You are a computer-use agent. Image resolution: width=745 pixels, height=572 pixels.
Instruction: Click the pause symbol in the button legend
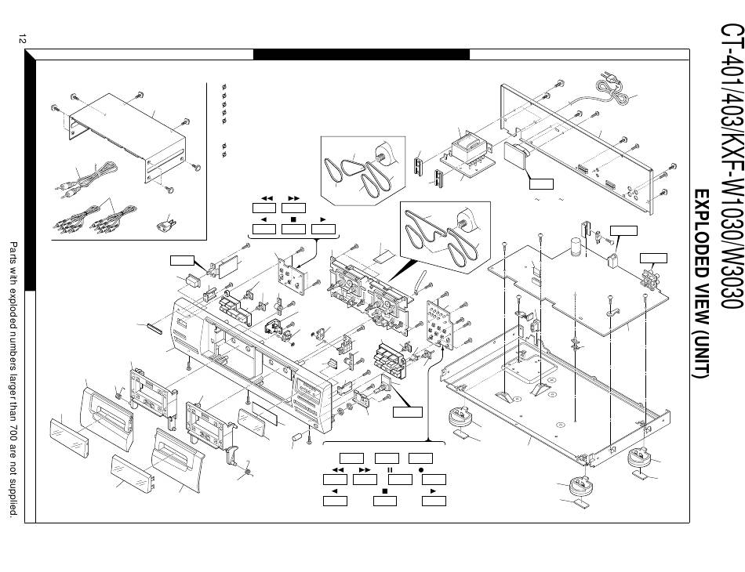388,469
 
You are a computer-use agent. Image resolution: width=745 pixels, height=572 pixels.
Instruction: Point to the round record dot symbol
421,469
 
